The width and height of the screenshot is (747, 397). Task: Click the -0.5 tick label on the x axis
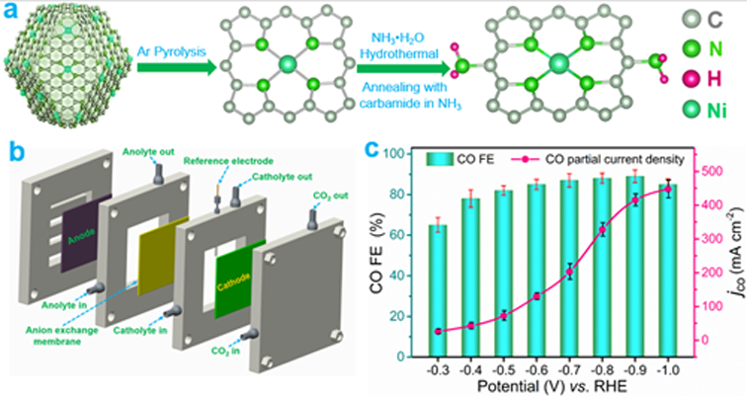(501, 362)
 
